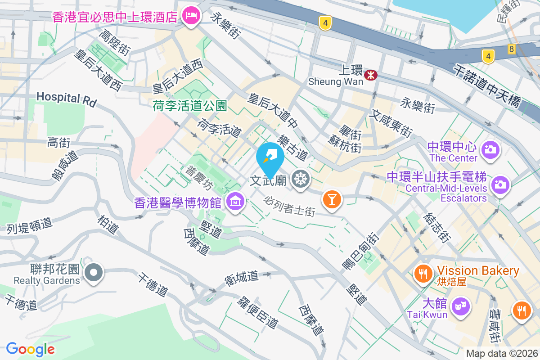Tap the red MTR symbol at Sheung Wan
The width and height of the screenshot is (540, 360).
371,75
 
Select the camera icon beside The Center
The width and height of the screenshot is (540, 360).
490,149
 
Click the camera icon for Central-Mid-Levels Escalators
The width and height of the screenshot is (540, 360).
500,184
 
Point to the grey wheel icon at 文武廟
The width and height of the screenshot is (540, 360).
299,180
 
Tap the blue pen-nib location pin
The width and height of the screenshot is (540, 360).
270,159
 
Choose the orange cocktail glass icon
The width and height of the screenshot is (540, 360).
332,198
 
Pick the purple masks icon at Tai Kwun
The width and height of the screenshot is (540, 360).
461,307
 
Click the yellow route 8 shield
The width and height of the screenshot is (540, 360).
511,49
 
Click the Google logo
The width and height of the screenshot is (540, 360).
31,349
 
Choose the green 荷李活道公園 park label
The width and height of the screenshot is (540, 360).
189,106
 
